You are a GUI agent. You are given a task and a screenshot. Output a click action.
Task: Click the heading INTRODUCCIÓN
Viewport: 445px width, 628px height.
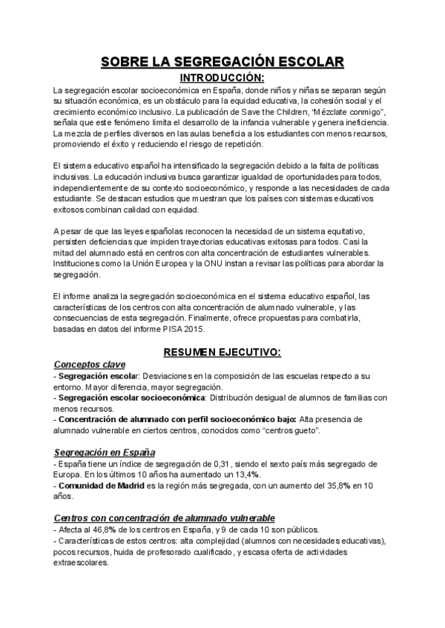tap(222, 77)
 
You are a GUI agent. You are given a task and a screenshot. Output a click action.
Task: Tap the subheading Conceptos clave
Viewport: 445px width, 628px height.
tap(90, 364)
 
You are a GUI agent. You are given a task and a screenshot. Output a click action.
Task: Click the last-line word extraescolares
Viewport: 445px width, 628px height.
tap(82, 562)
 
